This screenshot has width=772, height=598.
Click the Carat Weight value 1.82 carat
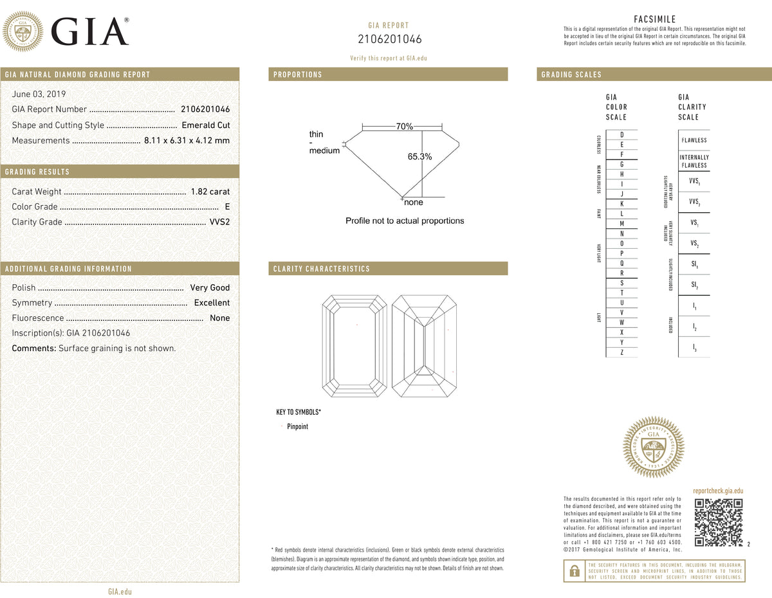click(x=210, y=192)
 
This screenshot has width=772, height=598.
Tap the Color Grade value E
click(x=227, y=207)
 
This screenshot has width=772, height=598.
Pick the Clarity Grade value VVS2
click(x=219, y=222)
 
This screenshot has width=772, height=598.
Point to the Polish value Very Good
click(x=210, y=288)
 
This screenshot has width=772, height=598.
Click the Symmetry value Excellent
click(x=212, y=303)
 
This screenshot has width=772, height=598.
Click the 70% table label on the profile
click(x=405, y=127)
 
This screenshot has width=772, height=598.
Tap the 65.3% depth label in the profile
click(x=419, y=156)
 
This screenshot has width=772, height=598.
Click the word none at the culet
click(x=414, y=203)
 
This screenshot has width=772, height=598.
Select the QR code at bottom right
click(x=719, y=522)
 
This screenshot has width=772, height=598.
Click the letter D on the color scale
click(x=621, y=134)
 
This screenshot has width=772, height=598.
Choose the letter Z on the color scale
click(x=621, y=352)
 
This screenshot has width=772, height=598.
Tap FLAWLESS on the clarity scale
click(x=694, y=140)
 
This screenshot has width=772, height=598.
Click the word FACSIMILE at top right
click(x=654, y=19)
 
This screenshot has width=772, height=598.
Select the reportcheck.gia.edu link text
click(x=718, y=491)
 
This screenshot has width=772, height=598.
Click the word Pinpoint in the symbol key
click(x=297, y=426)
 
